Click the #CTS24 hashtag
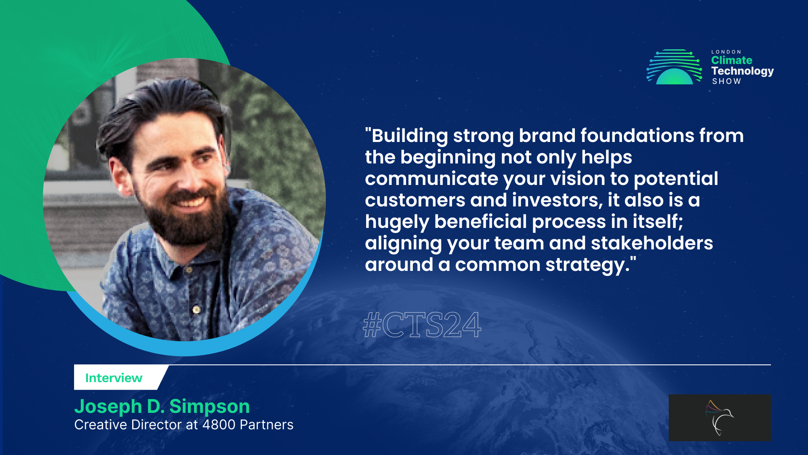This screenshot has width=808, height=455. (422, 325)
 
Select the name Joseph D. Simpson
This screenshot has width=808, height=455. (162, 406)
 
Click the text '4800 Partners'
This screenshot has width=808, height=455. (248, 425)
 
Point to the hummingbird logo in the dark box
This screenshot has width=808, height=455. (719, 418)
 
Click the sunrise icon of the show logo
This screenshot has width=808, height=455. (674, 67)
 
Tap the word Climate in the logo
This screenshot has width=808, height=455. (731, 60)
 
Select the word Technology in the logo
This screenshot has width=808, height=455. (742, 71)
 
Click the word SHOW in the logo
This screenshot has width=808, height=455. (726, 81)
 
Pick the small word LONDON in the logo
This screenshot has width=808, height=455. (726, 52)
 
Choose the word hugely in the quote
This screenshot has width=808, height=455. (396, 222)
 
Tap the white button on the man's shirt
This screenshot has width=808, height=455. (196, 310)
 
